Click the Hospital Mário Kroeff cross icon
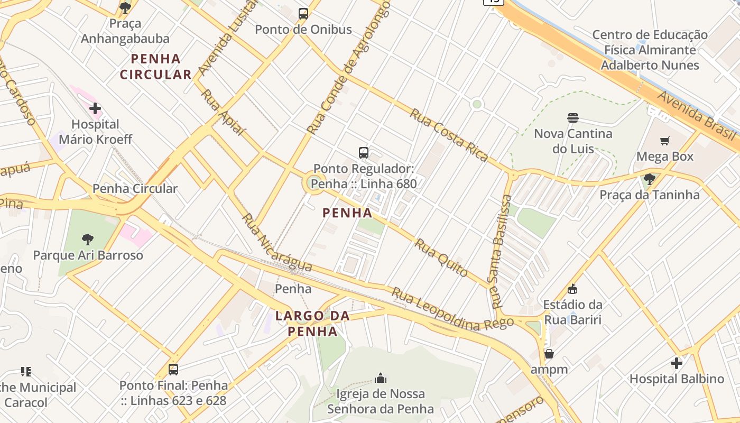tap(95, 109)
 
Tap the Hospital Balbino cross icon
tap(677, 363)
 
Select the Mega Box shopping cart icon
tap(664, 141)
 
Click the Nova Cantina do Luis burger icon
tap(573, 117)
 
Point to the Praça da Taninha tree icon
tap(650, 179)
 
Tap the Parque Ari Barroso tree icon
tap(88, 240)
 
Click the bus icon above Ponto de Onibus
tap(303, 14)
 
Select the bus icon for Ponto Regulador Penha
tap(364, 153)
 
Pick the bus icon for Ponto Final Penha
tap(173, 370)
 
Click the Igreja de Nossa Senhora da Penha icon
tap(380, 378)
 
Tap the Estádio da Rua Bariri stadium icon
tap(572, 289)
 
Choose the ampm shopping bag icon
tap(549, 354)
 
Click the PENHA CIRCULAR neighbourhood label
tap(155, 67)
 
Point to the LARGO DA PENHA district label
tap(313, 324)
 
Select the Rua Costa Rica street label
tap(449, 134)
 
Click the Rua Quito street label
tap(441, 258)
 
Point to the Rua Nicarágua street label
tap(276, 243)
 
